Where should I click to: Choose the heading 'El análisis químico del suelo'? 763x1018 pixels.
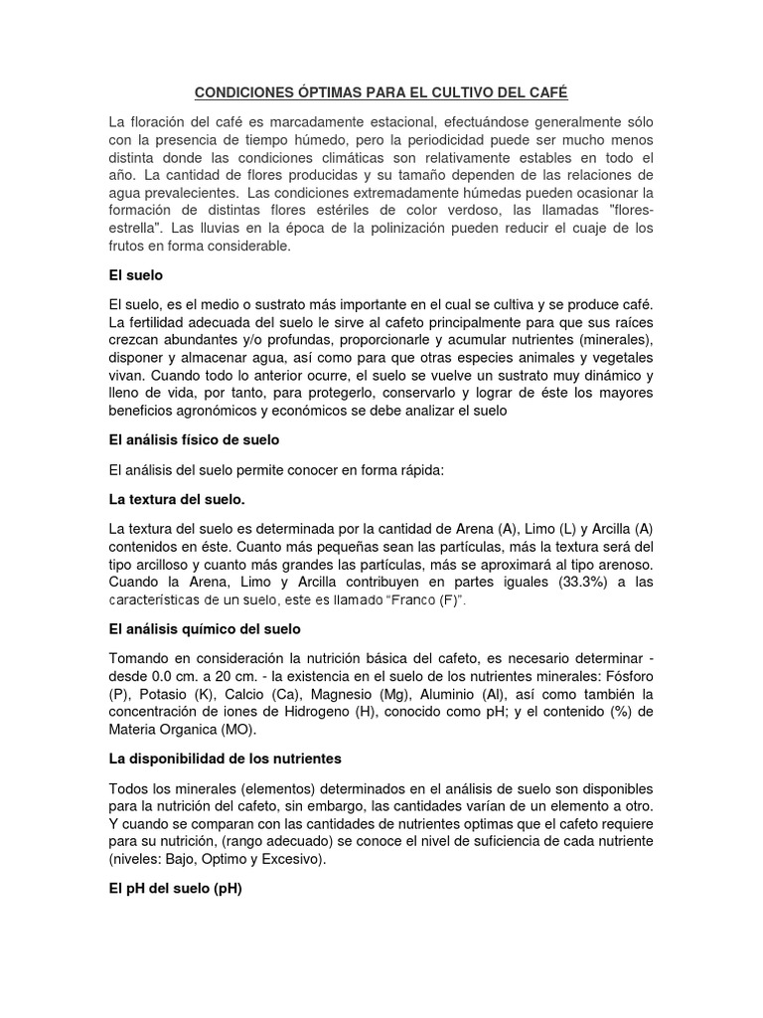pos(205,629)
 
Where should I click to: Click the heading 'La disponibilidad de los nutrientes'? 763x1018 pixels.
pos(225,759)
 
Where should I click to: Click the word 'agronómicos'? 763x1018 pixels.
pos(219,411)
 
